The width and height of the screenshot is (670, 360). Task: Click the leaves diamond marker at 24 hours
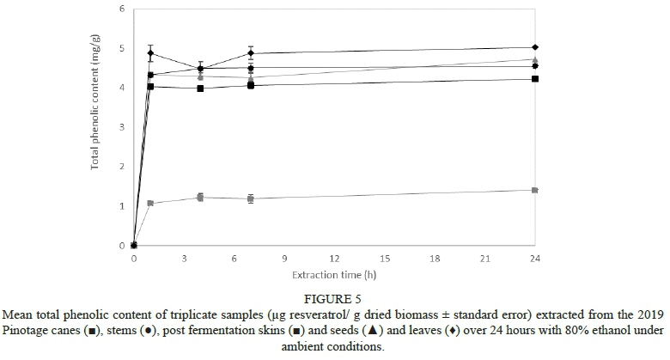pyautogui.click(x=535, y=47)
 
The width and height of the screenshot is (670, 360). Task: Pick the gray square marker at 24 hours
pyautogui.click(x=535, y=190)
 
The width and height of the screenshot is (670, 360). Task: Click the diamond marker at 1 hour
pyautogui.click(x=151, y=53)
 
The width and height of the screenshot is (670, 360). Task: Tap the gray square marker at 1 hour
pyautogui.click(x=150, y=204)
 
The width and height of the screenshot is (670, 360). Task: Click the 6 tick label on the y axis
pyautogui.click(x=121, y=9)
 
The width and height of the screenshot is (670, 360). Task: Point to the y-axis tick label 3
pyautogui.click(x=121, y=127)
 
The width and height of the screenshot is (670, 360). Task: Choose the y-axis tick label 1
pyautogui.click(x=121, y=206)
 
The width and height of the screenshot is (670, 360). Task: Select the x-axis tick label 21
pyautogui.click(x=484, y=257)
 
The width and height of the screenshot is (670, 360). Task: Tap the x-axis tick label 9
pyautogui.click(x=284, y=257)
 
